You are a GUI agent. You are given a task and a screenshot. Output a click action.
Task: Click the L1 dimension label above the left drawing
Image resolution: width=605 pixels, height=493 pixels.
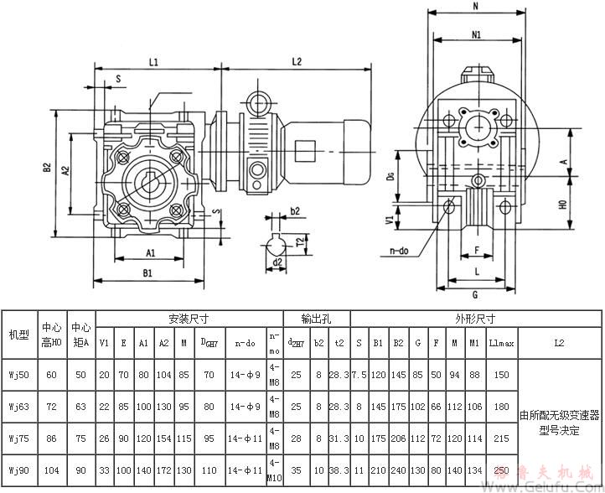(154, 62)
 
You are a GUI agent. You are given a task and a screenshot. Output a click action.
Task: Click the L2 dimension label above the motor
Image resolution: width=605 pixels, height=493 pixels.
(297, 62)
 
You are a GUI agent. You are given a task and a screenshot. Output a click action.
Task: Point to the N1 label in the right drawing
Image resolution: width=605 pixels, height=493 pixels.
(475, 35)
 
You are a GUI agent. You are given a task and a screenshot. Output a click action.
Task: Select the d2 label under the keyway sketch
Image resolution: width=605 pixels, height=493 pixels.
(277, 262)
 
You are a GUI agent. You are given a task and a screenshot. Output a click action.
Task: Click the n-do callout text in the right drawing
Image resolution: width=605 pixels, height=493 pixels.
(403, 250)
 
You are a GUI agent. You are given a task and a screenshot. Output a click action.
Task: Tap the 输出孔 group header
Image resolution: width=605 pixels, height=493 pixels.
(317, 319)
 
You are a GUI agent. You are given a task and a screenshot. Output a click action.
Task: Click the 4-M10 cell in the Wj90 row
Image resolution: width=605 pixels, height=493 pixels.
(275, 474)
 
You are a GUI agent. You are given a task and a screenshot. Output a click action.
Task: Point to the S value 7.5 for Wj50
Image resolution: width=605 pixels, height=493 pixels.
(359, 373)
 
